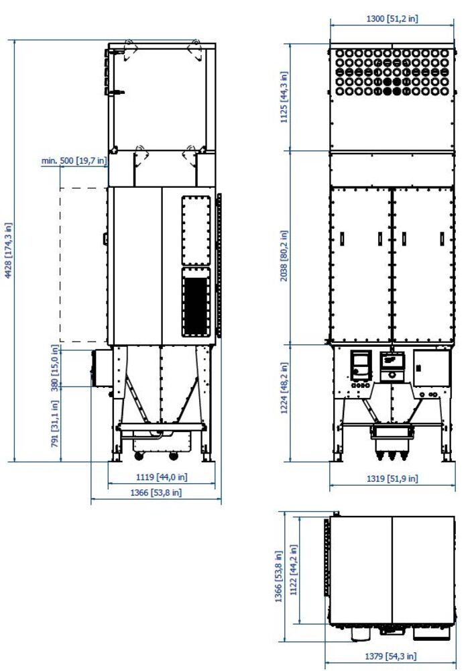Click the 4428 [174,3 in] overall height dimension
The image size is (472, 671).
tap(9, 251)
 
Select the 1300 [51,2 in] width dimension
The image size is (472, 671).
tap(392, 18)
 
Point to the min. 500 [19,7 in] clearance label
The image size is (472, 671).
tap(74, 161)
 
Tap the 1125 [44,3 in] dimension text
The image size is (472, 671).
tap(284, 97)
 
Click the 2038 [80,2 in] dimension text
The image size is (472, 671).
tap(284, 256)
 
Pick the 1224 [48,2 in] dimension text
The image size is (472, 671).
tap(284, 389)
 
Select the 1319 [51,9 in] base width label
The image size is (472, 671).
tap(392, 478)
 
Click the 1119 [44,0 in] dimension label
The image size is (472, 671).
tap(162, 476)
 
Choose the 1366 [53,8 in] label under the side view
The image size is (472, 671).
tap(156, 493)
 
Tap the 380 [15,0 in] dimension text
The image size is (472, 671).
tap(54, 368)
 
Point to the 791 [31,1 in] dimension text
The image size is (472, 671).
tap(54, 423)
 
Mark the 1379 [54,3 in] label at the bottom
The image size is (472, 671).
tap(390, 656)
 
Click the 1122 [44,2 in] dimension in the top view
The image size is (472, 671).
tap(293, 570)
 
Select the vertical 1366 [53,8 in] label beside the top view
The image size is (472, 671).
tap(279, 576)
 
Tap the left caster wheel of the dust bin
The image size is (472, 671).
tap(139, 456)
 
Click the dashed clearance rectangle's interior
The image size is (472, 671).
tap(83, 264)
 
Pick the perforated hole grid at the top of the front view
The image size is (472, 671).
tap(392, 72)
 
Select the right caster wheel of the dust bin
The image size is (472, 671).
tap(174, 456)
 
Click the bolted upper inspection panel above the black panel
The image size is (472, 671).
tap(196, 231)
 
